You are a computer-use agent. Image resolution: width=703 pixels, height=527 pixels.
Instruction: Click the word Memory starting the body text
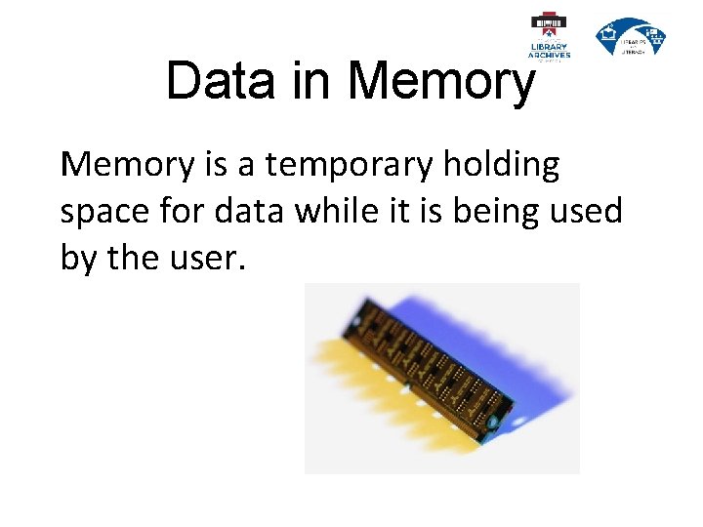[127, 166]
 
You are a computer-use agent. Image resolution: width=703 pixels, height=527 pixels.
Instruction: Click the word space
[103, 212]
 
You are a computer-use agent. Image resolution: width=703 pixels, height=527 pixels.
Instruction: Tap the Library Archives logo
[549, 36]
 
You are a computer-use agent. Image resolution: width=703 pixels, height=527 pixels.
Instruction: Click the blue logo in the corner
[631, 37]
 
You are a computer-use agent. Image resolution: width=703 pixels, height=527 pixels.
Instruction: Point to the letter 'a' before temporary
[245, 166]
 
